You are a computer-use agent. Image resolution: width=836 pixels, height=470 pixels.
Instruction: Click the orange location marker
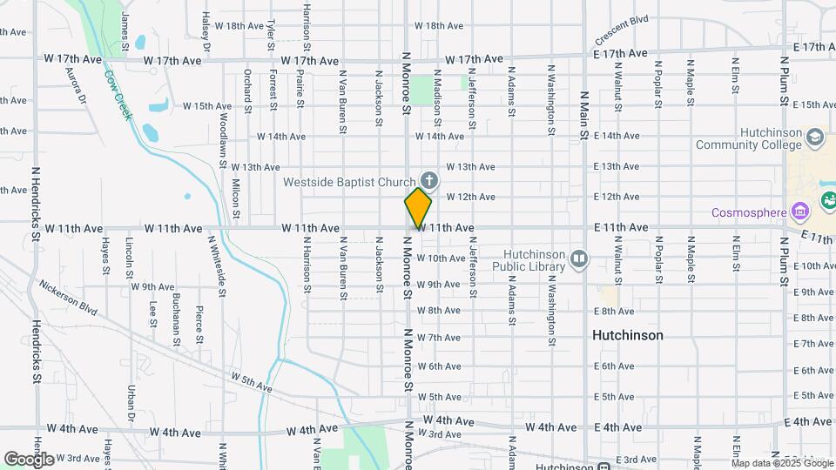click(419, 207)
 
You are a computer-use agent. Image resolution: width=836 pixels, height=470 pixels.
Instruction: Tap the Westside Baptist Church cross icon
click(430, 180)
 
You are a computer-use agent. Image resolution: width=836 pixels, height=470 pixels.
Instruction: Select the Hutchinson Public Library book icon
click(579, 258)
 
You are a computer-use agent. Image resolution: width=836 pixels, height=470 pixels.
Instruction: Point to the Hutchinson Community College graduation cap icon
click(814, 138)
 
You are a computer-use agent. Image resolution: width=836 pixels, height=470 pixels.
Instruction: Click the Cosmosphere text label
click(748, 211)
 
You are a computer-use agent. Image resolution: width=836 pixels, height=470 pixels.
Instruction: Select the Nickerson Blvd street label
click(67, 297)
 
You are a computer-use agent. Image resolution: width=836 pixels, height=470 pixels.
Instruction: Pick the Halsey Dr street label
click(206, 31)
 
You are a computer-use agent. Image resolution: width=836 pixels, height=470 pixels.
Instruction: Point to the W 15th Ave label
click(207, 106)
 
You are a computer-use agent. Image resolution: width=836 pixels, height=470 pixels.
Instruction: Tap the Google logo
click(29, 460)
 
